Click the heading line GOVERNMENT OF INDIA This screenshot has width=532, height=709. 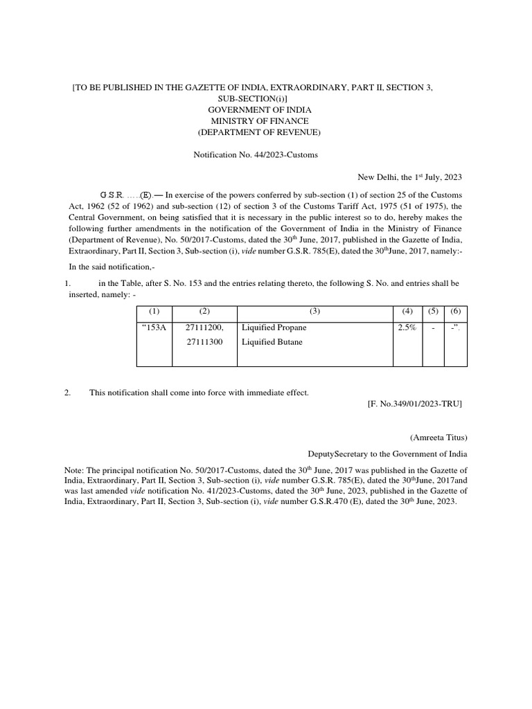(x=260, y=110)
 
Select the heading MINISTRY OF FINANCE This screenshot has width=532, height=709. (x=260, y=121)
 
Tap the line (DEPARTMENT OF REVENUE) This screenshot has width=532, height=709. (x=260, y=132)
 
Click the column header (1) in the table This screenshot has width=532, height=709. (x=154, y=312)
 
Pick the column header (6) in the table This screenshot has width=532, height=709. (x=455, y=312)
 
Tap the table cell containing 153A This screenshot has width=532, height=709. (x=154, y=327)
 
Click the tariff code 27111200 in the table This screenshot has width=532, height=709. (x=204, y=327)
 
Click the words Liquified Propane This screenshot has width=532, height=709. (x=274, y=327)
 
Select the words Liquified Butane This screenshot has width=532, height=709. (x=272, y=342)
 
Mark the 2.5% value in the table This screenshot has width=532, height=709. (x=407, y=327)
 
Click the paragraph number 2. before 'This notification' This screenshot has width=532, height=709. (x=68, y=393)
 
